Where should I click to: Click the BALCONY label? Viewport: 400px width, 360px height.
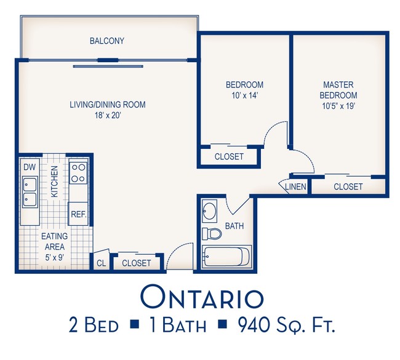coord(107,41)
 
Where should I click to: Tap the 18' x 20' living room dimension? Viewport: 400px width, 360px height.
coord(108,116)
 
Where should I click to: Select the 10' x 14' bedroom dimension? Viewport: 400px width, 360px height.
coord(245,95)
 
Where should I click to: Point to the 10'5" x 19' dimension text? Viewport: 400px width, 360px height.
coord(338,106)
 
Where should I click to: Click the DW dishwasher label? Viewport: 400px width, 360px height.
coord(30,167)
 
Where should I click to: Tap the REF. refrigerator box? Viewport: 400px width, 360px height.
coord(78,214)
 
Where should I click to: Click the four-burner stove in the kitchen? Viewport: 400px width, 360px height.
coord(78,173)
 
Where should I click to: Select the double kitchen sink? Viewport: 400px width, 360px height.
coord(30,192)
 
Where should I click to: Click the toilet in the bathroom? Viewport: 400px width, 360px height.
coord(212,234)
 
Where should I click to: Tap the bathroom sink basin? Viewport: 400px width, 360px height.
coord(209,211)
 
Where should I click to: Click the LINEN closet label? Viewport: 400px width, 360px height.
coord(295,186)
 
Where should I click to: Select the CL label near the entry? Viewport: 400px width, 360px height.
coord(102,263)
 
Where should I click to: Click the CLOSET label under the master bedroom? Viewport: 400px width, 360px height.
coord(348,186)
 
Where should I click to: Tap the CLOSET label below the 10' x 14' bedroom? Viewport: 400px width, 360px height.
coord(229,156)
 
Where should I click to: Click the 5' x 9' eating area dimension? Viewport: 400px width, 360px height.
coord(54,258)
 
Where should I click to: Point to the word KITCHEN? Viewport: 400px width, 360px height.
coord(55,182)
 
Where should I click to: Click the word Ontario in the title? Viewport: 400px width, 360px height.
coord(202,298)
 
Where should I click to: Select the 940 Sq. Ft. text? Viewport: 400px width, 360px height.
coord(286,325)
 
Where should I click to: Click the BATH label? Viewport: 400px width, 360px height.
coord(234,226)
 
